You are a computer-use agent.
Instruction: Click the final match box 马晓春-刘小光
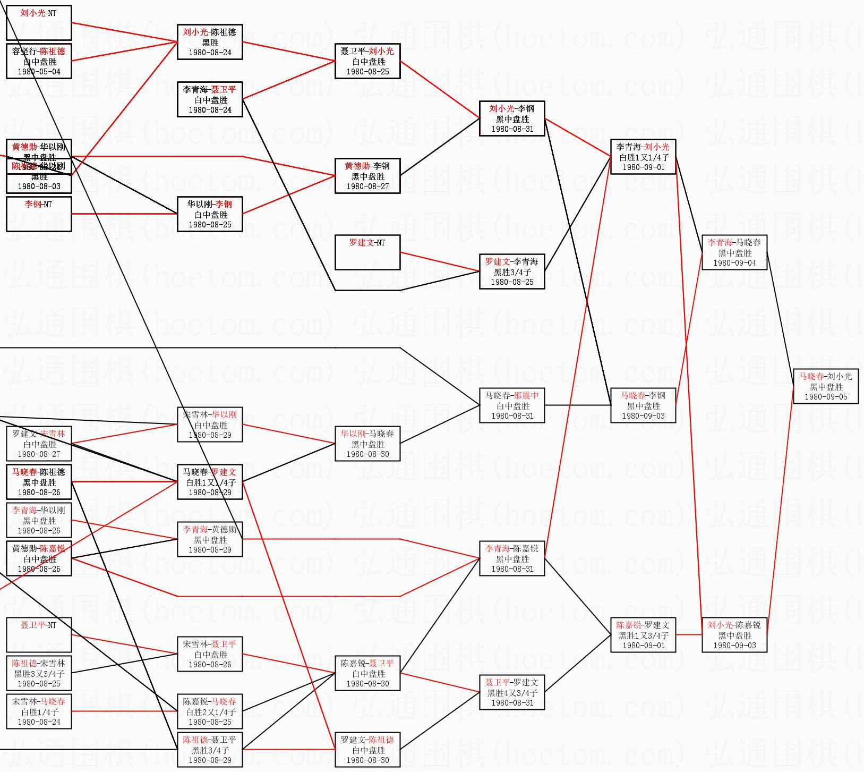825,386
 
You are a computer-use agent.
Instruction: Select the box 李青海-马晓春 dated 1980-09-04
734,252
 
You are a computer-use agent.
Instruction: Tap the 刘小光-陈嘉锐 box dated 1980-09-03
734,635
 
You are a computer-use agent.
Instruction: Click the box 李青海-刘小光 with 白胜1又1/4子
643,157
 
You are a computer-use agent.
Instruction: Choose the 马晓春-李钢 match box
643,405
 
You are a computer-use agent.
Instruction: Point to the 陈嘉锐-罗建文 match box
643,635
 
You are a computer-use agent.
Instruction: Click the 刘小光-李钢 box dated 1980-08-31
512,118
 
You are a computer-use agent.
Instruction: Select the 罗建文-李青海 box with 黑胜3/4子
512,272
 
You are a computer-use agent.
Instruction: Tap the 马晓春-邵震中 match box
512,405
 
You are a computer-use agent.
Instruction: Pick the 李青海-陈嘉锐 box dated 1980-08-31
512,558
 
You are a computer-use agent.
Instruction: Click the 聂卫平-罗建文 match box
512,692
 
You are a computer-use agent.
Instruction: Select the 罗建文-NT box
367,252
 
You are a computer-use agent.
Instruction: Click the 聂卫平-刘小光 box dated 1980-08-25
367,61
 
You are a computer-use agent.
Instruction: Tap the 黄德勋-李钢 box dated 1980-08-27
367,176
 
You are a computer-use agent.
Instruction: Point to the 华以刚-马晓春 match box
367,444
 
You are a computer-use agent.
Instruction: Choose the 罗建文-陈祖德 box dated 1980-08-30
367,750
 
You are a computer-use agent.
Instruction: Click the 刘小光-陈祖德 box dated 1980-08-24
210,42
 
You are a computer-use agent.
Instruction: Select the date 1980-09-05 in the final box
825,397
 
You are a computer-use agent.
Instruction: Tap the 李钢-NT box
39,214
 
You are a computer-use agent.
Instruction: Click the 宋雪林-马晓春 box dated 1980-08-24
39,711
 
